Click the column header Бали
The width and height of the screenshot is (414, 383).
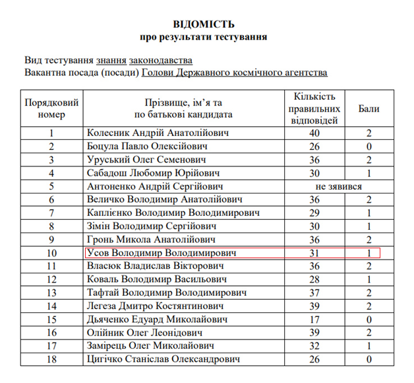pos(369,108)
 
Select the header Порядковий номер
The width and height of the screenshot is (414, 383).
pos(51,108)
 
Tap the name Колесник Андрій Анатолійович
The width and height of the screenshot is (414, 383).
pos(158,133)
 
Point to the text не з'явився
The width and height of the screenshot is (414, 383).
pos(338,186)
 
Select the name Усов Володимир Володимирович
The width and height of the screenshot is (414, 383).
pos(162,253)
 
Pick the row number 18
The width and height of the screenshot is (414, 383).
pos(51,359)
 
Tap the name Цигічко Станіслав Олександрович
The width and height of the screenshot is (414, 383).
pos(169,359)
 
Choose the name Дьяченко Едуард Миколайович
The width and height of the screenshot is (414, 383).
pos(158,320)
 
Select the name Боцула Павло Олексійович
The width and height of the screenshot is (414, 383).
pos(148,146)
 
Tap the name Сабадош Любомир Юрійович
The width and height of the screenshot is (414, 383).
pos(149,173)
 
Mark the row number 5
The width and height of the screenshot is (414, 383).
pos(51,186)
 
